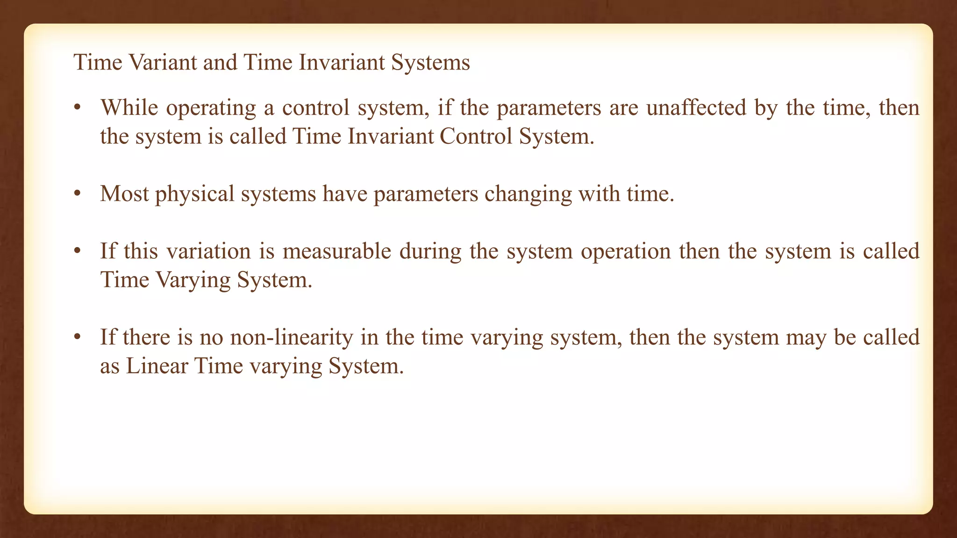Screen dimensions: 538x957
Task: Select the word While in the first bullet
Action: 129,108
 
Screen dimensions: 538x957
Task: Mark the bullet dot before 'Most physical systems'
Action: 78,193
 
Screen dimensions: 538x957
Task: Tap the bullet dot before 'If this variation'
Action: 78,251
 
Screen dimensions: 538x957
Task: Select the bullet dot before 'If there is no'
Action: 78,337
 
